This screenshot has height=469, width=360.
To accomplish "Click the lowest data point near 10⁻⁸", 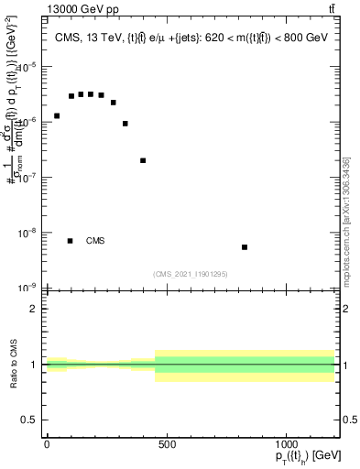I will coord(245,247).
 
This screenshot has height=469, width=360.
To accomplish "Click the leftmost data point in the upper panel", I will coord(57,116).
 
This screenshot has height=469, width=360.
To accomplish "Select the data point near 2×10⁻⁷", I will coord(143,160).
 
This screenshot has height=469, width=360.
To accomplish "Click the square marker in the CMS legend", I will coord(71,241).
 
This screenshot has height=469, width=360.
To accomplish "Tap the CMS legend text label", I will coord(95,241).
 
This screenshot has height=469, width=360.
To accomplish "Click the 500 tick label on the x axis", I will coord(167,445).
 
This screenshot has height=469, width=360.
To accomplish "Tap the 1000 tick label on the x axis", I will coord(286,445).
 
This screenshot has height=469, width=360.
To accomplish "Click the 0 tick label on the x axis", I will coord(47,445).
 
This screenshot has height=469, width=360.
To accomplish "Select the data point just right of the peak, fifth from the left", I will coord(102,95).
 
